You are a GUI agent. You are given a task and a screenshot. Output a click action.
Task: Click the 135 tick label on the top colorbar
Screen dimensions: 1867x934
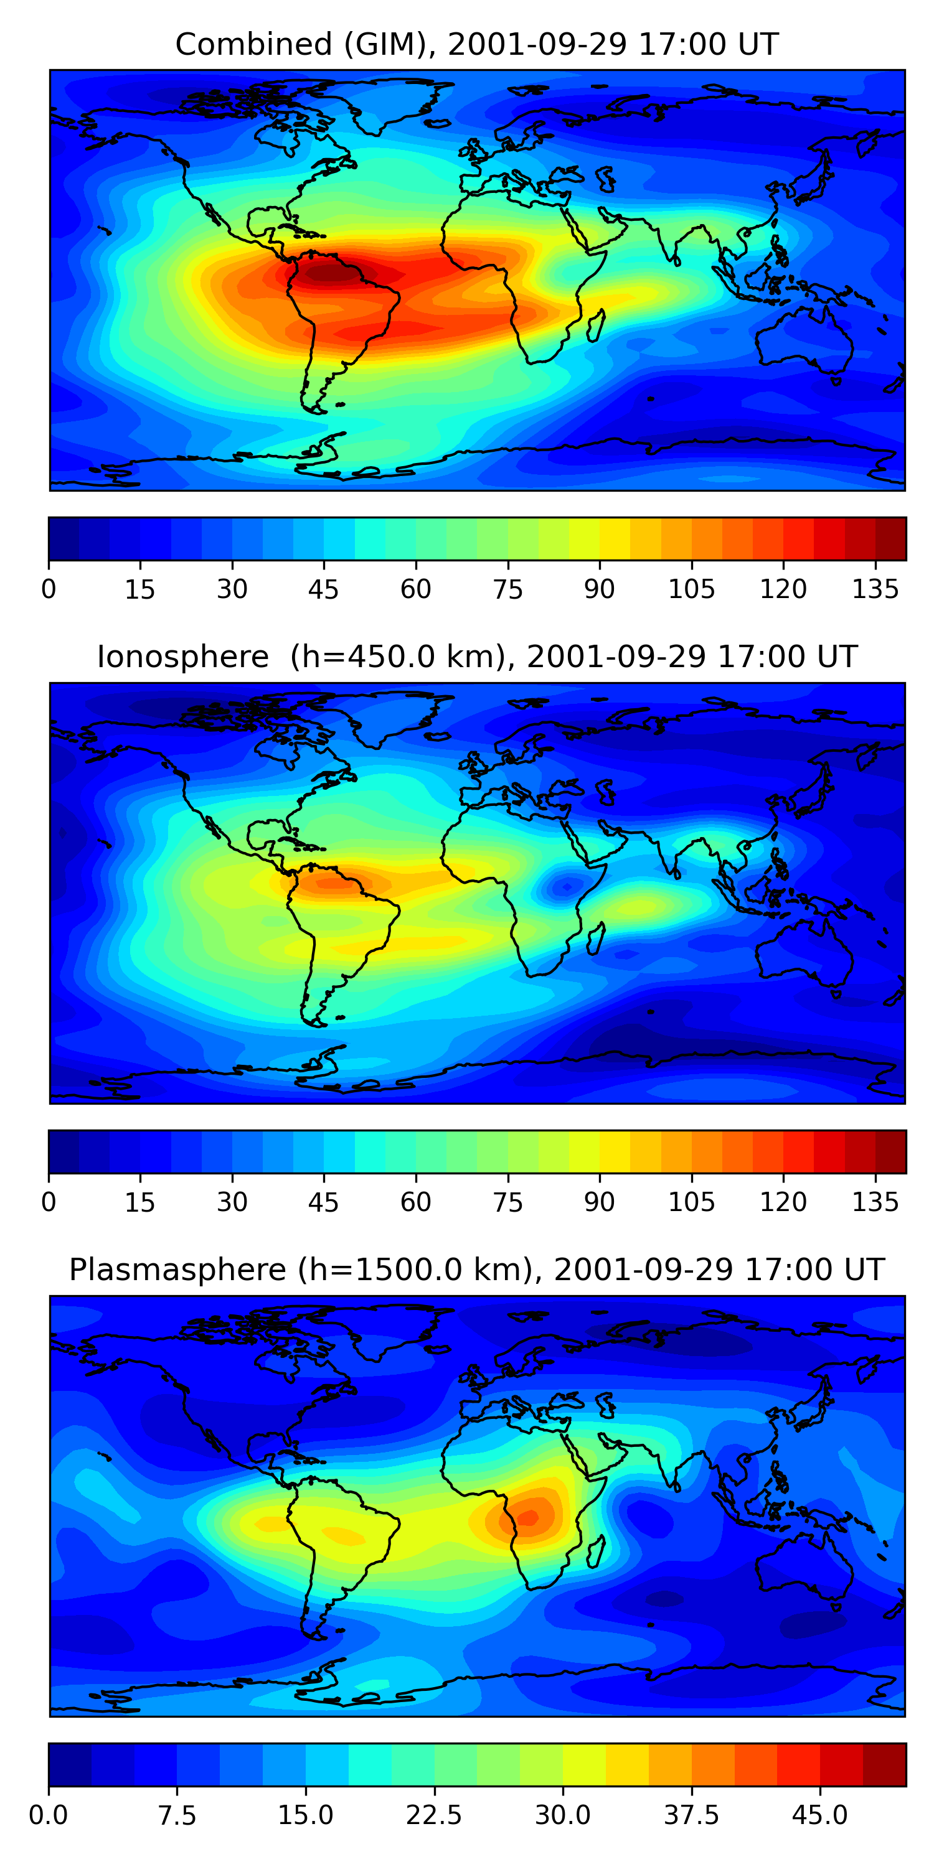point(875,589)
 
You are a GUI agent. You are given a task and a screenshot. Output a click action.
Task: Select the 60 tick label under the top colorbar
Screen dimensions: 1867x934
point(415,589)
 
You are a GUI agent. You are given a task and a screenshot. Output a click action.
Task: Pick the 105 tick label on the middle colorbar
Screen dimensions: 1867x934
point(691,1202)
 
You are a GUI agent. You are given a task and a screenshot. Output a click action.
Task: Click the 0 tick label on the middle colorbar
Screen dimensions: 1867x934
point(49,1202)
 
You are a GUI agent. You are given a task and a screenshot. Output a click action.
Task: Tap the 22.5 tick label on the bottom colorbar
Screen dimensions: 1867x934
point(433,1815)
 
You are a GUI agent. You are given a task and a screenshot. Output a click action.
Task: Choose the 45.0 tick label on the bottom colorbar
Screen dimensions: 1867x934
point(819,1815)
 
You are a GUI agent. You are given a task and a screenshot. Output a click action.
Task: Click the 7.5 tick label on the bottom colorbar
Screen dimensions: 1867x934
point(177,1815)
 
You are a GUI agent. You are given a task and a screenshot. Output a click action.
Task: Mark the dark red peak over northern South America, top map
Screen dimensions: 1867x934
point(330,273)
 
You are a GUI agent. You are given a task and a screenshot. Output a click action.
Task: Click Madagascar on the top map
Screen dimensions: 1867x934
point(596,325)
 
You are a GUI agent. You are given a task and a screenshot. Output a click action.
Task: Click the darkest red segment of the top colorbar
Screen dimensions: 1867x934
point(890,538)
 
